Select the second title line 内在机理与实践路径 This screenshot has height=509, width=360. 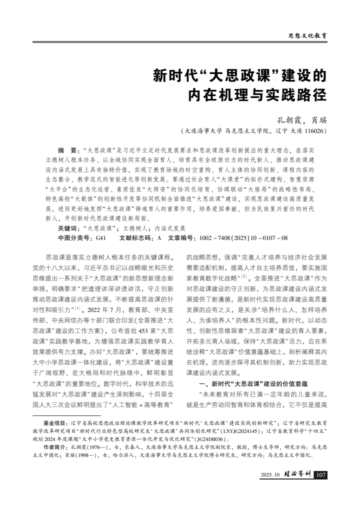(x=256, y=95)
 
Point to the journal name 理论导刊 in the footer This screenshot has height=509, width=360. (x=297, y=474)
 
